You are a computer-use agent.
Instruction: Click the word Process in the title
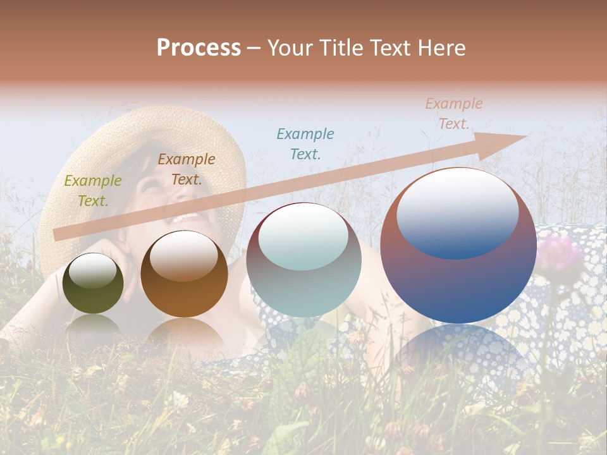point(199,48)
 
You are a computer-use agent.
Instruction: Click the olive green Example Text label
point(93,191)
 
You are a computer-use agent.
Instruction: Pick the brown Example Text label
point(187,169)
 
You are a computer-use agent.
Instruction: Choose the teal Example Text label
point(305,143)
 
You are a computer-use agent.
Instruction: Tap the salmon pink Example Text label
point(453,114)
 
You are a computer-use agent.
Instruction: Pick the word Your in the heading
point(288,48)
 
